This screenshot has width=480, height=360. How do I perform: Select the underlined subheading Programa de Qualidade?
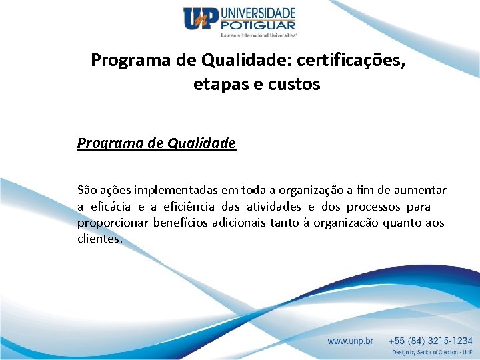coord(157,143)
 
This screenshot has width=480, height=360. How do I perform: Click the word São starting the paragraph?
coord(87,191)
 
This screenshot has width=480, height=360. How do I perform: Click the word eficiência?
coord(192,207)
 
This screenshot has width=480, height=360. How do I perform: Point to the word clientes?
coord(99,239)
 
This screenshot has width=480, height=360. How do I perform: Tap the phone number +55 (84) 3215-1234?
coord(431,341)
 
